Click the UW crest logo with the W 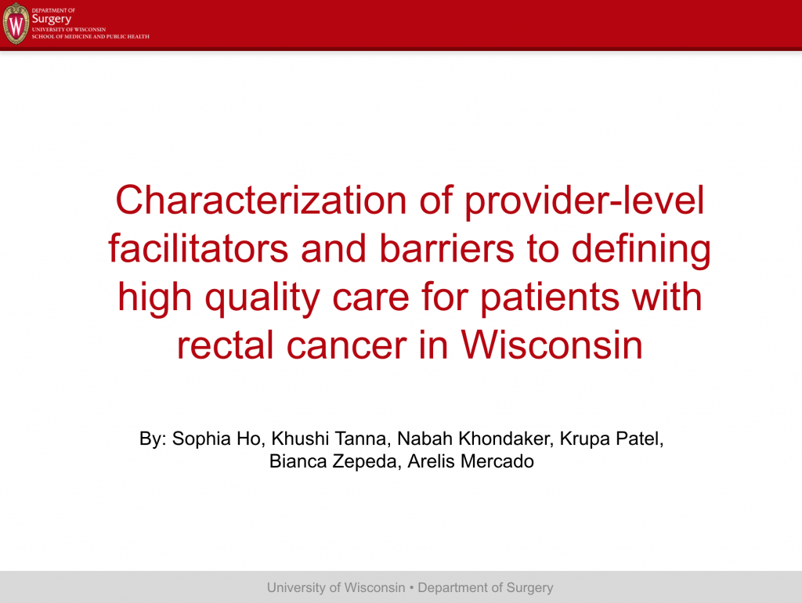(x=16, y=23)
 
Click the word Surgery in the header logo (x=51, y=20)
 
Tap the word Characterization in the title (x=261, y=200)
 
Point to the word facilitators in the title (x=198, y=248)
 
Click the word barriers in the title (x=446, y=248)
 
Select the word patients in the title (x=550, y=298)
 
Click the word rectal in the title (x=225, y=345)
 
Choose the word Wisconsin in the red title (x=552, y=345)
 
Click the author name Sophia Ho (x=217, y=439)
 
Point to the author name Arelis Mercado (x=471, y=461)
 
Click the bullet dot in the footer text (x=412, y=587)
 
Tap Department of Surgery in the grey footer (x=486, y=588)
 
